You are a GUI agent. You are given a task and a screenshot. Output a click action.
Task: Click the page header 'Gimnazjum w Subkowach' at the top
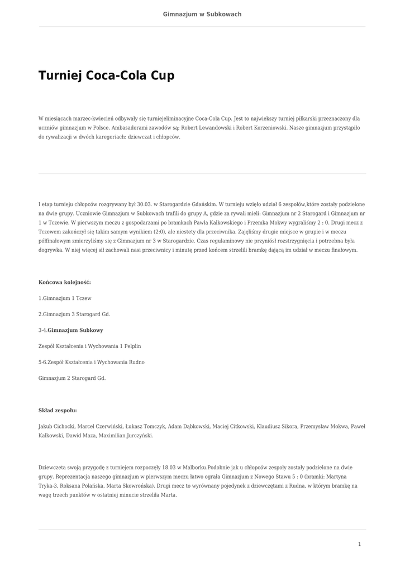(202, 14)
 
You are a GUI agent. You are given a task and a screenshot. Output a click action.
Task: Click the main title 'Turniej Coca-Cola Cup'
(106, 75)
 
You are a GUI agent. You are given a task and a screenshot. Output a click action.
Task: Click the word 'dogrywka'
(50, 250)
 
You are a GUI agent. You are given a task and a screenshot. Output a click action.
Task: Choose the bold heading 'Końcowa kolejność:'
(64, 282)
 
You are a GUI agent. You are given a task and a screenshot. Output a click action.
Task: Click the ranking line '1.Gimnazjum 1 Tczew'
(65, 298)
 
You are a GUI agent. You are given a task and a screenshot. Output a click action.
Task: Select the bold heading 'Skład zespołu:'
(58, 411)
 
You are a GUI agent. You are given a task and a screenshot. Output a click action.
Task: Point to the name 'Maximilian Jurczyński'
(126, 436)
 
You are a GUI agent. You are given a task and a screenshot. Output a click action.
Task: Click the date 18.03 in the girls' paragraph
(169, 468)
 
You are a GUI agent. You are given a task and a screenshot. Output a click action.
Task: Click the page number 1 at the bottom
(359, 544)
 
